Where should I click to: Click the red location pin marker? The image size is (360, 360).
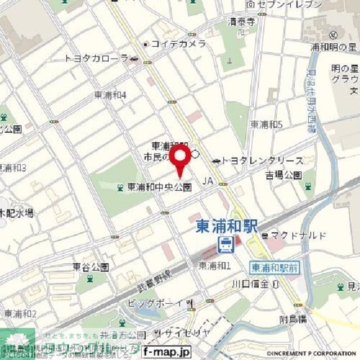coord(179,159)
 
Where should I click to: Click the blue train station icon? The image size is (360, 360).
coord(226,244)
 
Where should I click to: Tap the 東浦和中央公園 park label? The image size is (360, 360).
coord(159,187)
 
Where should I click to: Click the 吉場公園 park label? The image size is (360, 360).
coord(284,175)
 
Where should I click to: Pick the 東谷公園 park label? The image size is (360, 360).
coord(91,267)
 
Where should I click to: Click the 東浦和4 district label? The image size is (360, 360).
coord(110,95)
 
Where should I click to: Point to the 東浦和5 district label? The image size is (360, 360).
coord(267,124)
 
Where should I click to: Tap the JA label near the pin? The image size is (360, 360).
coord(208,181)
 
